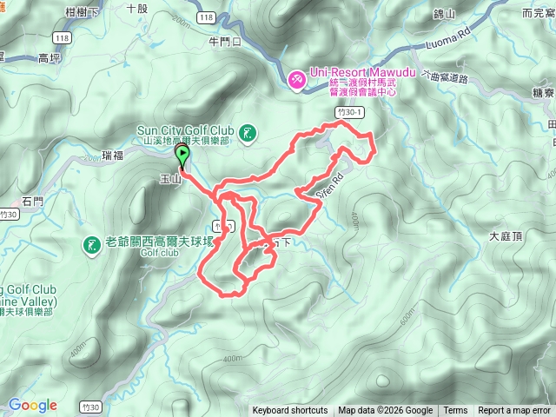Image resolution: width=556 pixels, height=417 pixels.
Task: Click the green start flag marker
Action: [x=183, y=155]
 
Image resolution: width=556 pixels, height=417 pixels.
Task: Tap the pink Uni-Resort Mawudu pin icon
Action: [x=295, y=80]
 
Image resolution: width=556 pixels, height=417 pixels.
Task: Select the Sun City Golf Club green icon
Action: [x=248, y=132]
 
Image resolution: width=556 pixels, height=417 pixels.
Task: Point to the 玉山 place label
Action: [x=169, y=180]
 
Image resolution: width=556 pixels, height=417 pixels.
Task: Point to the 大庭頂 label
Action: [x=505, y=236]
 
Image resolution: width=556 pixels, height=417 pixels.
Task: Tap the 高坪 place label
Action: [x=50, y=57]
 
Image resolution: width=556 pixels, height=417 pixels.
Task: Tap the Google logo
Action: [x=32, y=405]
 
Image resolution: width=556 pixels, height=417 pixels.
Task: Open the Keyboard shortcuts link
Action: [x=290, y=411]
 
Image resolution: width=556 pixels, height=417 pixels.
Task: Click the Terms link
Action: [x=455, y=411]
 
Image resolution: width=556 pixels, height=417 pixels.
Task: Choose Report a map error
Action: [x=514, y=411]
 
